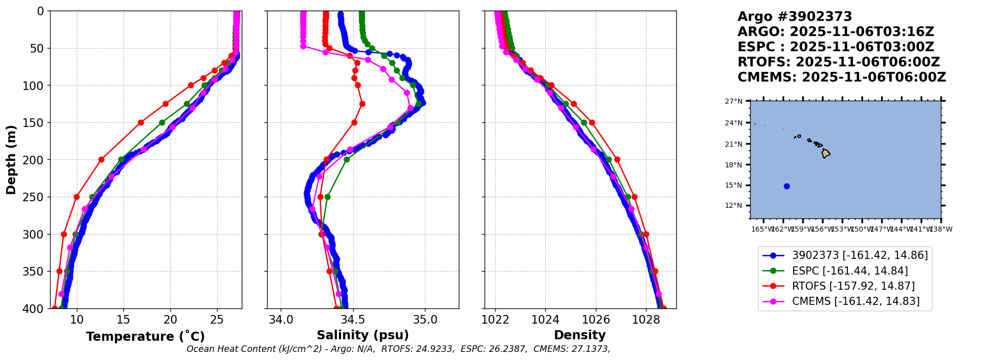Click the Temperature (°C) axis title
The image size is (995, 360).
pyautogui.click(x=145, y=337)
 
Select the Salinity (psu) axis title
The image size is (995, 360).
pyautogui.click(x=363, y=335)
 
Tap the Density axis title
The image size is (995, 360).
pyautogui.click(x=580, y=335)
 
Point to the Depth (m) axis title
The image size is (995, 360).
pyautogui.click(x=11, y=160)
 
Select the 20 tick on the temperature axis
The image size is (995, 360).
pyautogui.click(x=170, y=320)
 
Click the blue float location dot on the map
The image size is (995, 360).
pyautogui.click(x=787, y=186)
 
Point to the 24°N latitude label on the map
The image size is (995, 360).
pyautogui.click(x=734, y=123)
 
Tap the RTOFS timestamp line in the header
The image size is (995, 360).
pyautogui.click(x=838, y=62)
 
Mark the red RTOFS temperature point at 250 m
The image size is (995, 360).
pyautogui.click(x=76, y=197)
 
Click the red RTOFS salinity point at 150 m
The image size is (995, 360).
pyautogui.click(x=354, y=122)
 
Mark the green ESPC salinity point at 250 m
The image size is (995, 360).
pyautogui.click(x=327, y=197)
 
